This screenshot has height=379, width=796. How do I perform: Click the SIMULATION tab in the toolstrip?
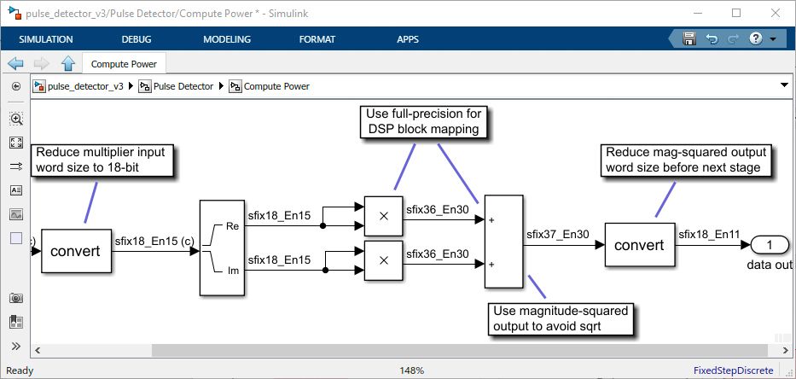pyautogui.click(x=46, y=39)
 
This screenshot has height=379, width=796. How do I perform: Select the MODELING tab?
pyautogui.click(x=227, y=39)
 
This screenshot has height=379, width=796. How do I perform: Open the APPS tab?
pyautogui.click(x=408, y=39)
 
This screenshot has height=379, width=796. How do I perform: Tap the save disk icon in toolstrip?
pyautogui.click(x=689, y=39)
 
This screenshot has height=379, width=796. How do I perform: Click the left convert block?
pyautogui.click(x=77, y=252)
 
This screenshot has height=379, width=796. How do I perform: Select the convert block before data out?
pyautogui.click(x=639, y=245)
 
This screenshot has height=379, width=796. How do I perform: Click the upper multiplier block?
pyautogui.click(x=383, y=216)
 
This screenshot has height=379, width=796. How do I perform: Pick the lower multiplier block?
pyautogui.click(x=383, y=259)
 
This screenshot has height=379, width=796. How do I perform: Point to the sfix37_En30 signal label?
pyautogui.click(x=559, y=233)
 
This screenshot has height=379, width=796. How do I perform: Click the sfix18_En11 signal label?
pyautogui.click(x=709, y=233)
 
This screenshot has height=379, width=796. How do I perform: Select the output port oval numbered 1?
pyautogui.click(x=770, y=246)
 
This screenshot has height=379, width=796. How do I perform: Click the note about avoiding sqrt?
pyautogui.click(x=561, y=318)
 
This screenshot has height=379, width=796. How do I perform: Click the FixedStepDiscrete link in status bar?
pyautogui.click(x=734, y=370)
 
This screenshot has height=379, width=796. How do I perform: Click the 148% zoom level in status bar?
pyautogui.click(x=412, y=370)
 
